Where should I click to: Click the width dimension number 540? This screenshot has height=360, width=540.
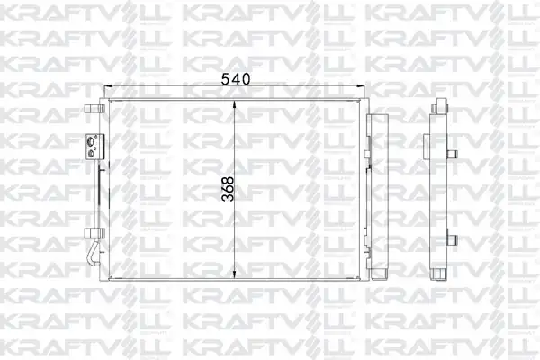(236, 79)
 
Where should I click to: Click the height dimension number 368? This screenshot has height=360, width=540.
(228, 189)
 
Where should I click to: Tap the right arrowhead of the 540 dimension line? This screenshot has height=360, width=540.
(361, 86)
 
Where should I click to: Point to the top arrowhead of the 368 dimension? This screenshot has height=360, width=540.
(234, 104)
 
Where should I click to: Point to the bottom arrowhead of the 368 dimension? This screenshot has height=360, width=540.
(234, 274)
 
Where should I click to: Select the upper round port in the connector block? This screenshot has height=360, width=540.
(91, 140)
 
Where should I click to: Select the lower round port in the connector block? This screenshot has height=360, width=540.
(91, 154)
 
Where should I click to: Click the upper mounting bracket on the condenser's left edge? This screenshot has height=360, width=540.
(94, 109)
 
